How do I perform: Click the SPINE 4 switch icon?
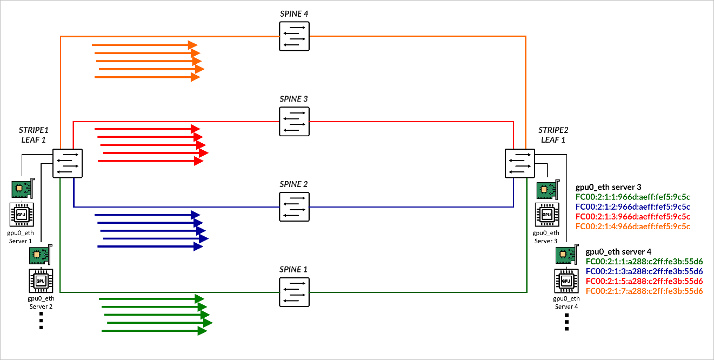[294, 36]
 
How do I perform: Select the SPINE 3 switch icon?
[294, 121]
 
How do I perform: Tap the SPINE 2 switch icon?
[294, 206]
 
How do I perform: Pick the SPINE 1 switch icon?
[294, 292]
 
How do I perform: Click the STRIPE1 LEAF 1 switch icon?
[67, 163]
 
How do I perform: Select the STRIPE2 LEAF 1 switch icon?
[519, 163]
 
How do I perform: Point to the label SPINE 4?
[294, 14]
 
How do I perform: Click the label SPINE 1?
[294, 269]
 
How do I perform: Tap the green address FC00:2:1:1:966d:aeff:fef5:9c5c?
[633, 197]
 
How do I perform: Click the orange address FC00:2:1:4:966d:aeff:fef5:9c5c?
[633, 226]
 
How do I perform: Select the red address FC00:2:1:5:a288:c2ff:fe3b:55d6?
[644, 281]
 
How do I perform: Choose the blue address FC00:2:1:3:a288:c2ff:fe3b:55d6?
[644, 271]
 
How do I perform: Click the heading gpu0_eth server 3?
[609, 187]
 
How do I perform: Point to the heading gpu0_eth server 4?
[618, 251]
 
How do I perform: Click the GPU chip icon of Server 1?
[22, 214]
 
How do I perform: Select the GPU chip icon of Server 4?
[566, 281]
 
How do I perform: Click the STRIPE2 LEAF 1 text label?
[553, 135]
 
